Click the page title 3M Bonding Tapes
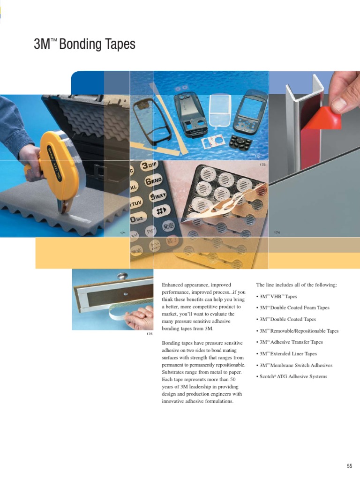pyautogui.click(x=84, y=45)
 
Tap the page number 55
pyautogui.click(x=349, y=466)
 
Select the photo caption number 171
pyautogui.click(x=123, y=233)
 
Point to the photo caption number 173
pyautogui.click(x=262, y=165)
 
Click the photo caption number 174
pyautogui.click(x=277, y=233)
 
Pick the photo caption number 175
pyautogui.click(x=150, y=334)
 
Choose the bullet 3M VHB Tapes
pyautogui.click(x=278, y=297)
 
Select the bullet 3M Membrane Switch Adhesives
pyautogui.click(x=296, y=365)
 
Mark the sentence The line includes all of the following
pyautogui.click(x=297, y=285)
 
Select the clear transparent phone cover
pyautogui.click(x=219, y=110)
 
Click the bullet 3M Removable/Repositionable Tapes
pyautogui.click(x=299, y=331)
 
